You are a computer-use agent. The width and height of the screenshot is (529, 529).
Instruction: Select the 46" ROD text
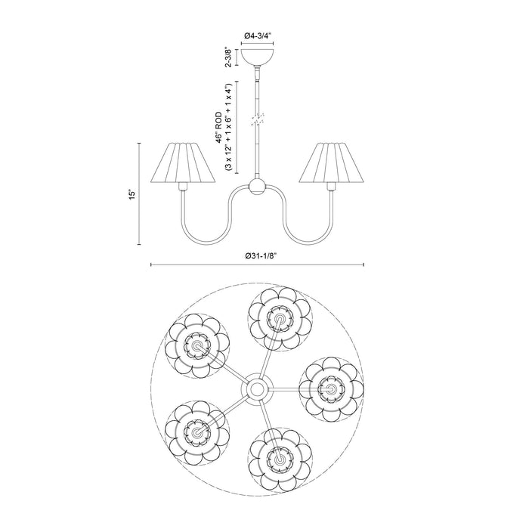tap(218, 124)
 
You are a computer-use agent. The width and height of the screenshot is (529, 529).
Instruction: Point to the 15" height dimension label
tap(131, 194)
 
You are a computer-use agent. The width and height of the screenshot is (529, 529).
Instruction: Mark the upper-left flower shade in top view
tap(198, 346)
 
